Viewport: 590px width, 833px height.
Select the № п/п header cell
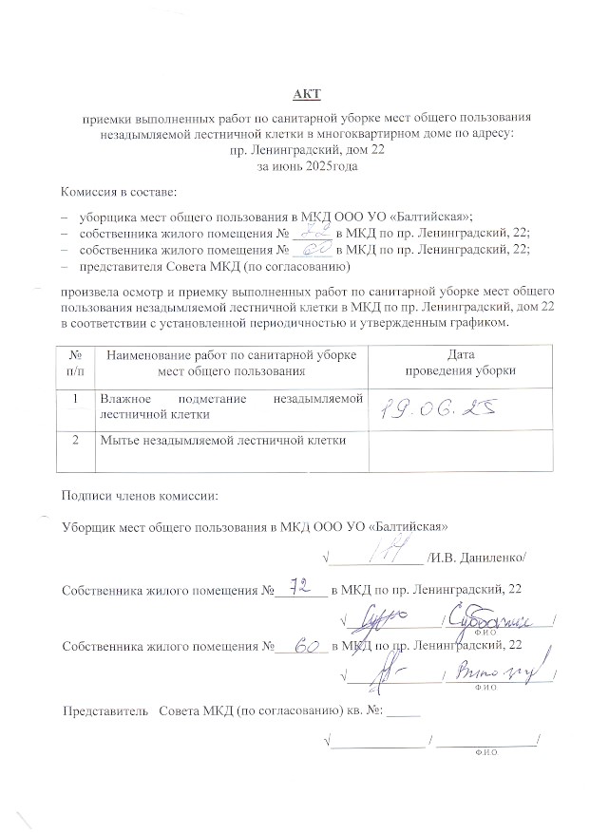(75, 363)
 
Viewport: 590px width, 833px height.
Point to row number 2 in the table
(75, 441)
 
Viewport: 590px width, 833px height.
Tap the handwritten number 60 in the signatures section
(304, 646)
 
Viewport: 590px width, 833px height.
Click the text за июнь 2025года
(308, 165)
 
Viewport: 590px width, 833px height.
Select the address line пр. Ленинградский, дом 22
(308, 150)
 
